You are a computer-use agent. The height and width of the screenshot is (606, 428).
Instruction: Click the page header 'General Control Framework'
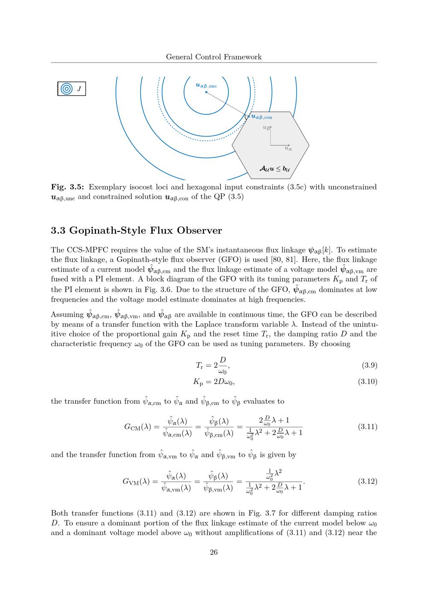[214, 57]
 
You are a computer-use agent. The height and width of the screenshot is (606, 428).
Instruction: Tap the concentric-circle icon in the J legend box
[66, 89]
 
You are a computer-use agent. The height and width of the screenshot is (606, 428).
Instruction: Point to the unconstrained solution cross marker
[206, 92]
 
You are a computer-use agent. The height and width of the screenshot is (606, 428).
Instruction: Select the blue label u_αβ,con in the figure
[262, 117]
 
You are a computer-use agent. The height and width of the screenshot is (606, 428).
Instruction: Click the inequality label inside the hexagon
[274, 169]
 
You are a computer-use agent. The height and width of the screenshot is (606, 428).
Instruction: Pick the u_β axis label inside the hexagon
[266, 128]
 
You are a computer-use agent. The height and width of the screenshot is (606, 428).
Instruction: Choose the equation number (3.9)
[369, 366]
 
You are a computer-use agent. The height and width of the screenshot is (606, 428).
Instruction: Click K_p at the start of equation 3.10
[198, 381]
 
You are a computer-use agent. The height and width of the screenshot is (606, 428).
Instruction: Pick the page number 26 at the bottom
[214, 552]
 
